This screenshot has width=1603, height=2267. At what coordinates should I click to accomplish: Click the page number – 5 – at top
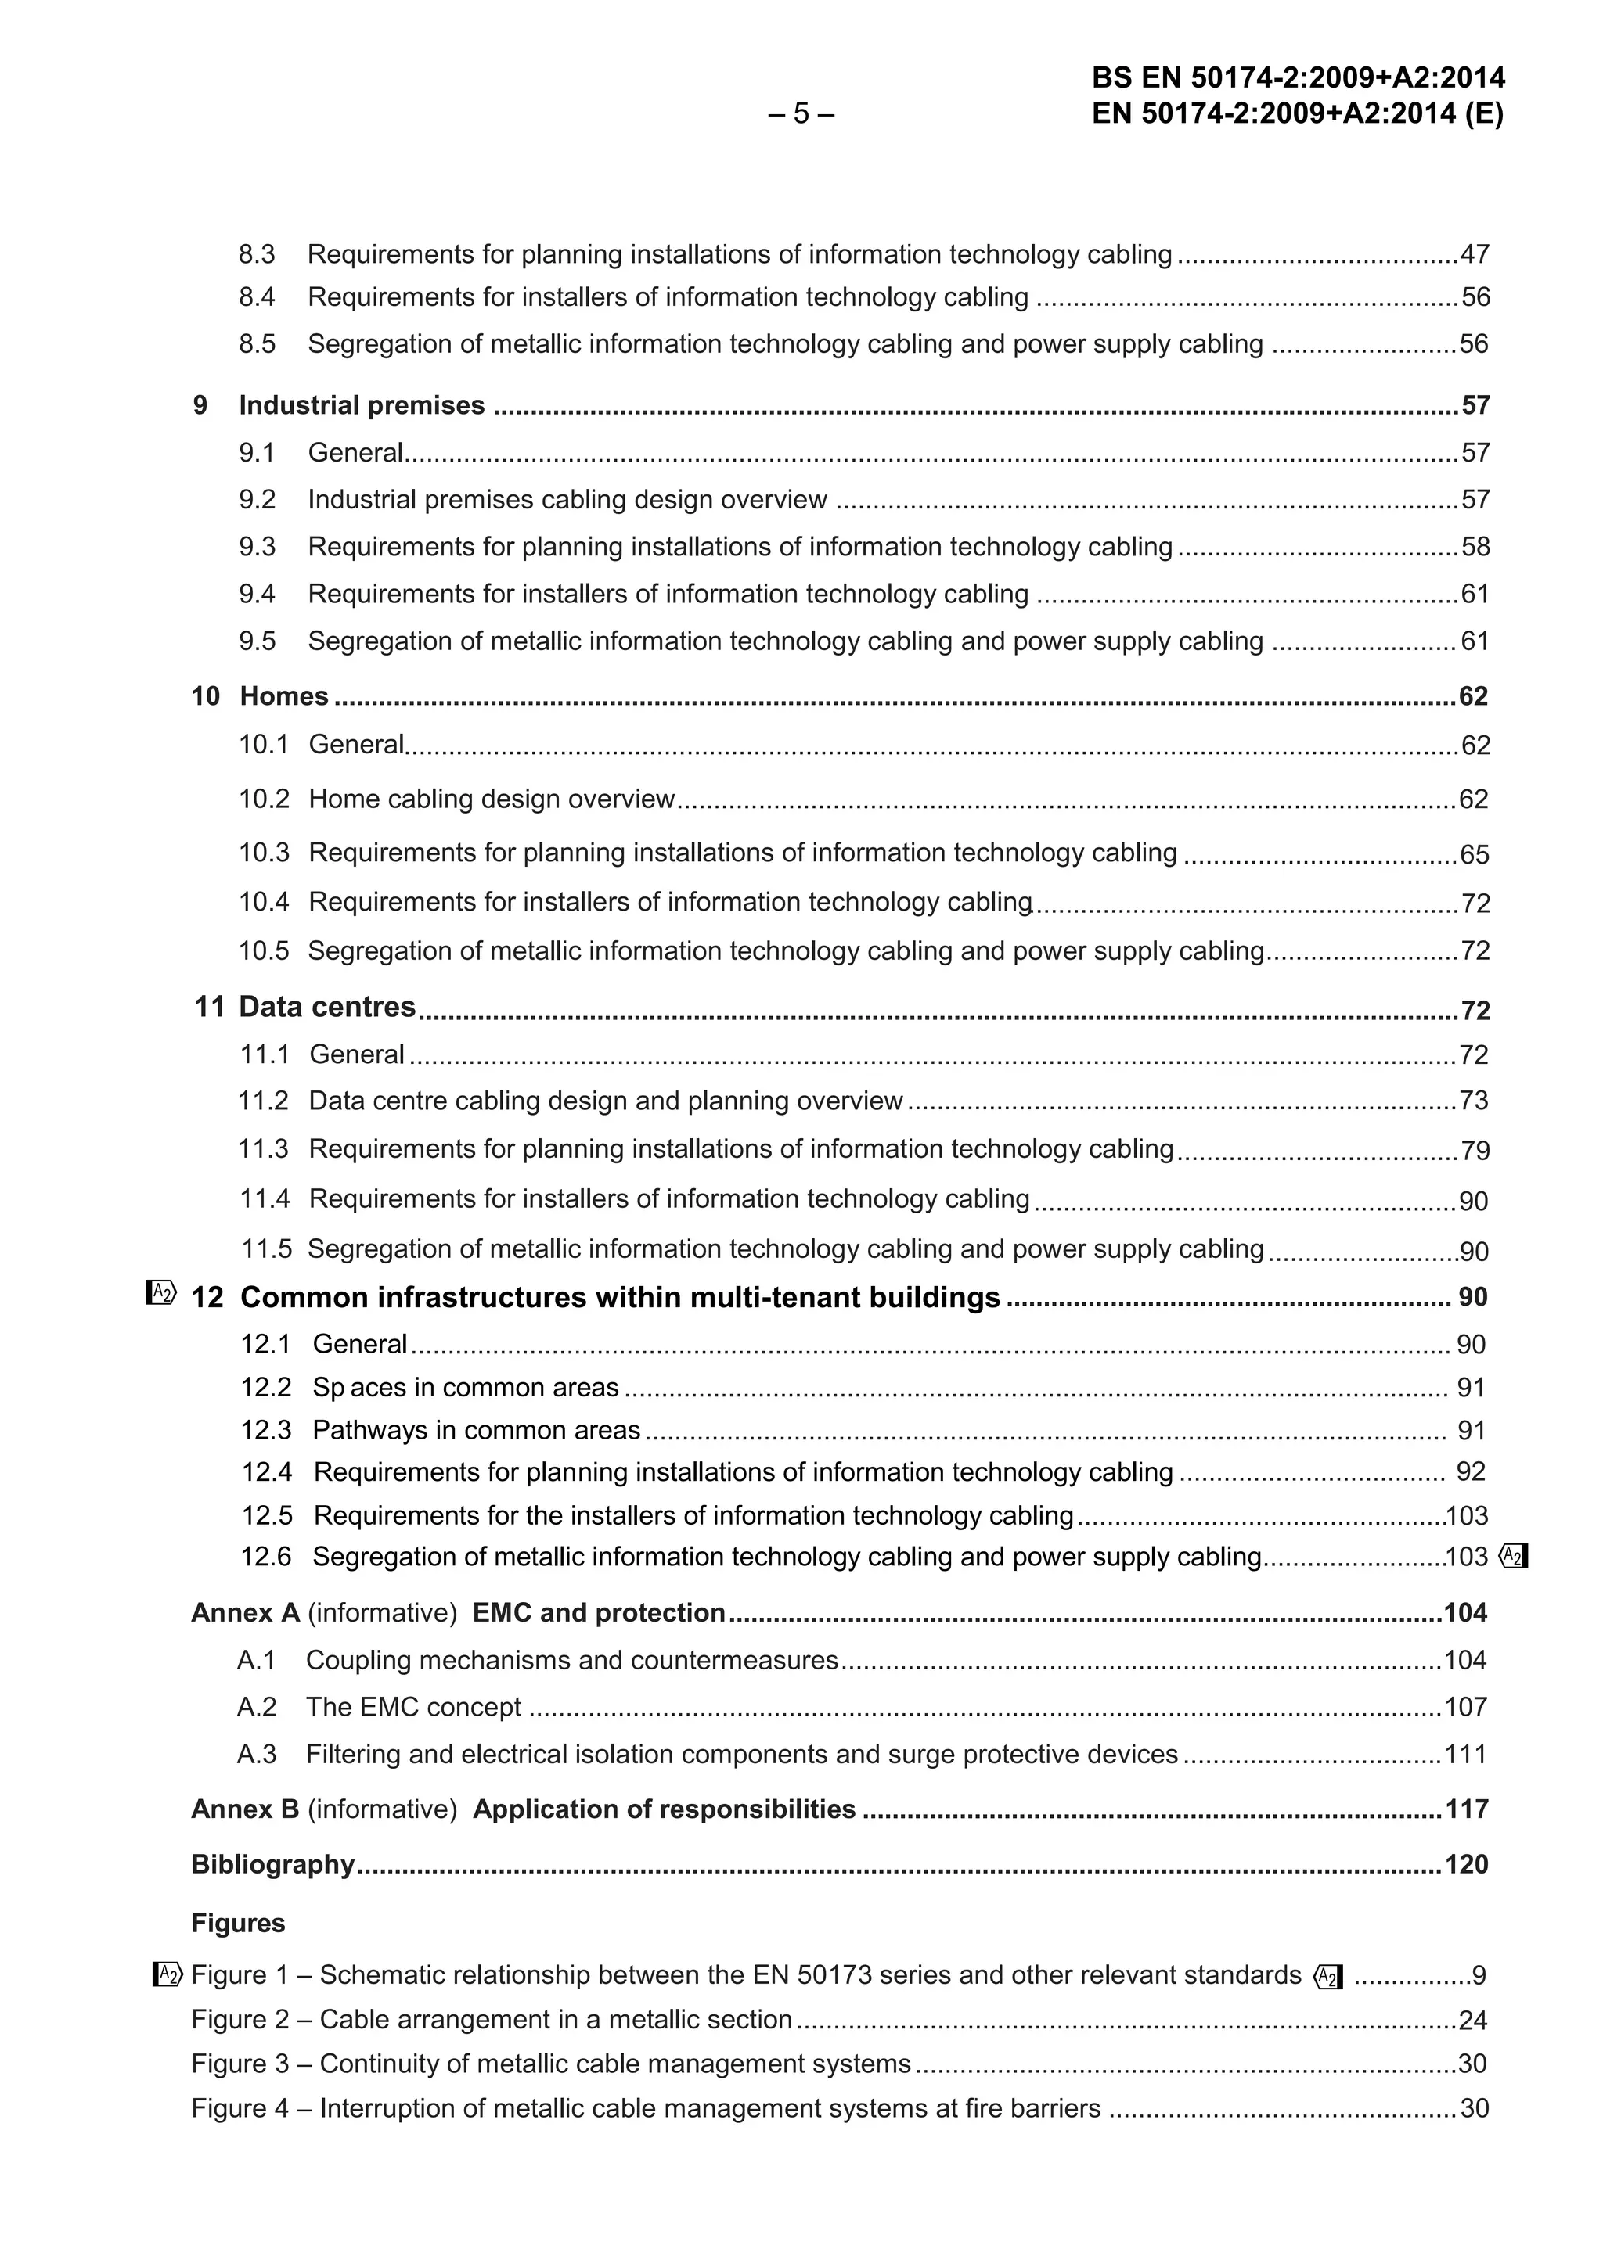tap(800, 114)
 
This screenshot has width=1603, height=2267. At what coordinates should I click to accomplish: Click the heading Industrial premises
tap(362, 406)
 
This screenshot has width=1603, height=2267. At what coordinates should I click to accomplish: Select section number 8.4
tap(257, 297)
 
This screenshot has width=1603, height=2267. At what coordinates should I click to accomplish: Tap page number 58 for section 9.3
tap(1475, 547)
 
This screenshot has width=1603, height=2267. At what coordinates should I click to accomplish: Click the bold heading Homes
tap(283, 696)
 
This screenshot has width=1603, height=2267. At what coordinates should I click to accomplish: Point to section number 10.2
tap(264, 799)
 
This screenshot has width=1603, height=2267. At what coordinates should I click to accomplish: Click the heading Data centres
tap(327, 1007)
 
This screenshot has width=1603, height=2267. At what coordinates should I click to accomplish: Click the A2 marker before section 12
tap(162, 1292)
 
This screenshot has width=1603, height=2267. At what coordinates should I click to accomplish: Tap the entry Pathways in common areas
tap(476, 1431)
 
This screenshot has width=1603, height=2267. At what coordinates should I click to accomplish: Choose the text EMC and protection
tap(599, 1613)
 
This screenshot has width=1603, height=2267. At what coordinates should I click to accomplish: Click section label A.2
tap(257, 1707)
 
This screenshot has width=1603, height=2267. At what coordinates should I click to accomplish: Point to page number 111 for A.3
tap(1466, 1755)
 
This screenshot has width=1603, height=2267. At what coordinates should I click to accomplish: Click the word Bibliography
tap(272, 1864)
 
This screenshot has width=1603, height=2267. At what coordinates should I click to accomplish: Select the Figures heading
tap(238, 1924)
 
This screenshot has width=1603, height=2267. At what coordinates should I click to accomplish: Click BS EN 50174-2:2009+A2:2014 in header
tap(1298, 78)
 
